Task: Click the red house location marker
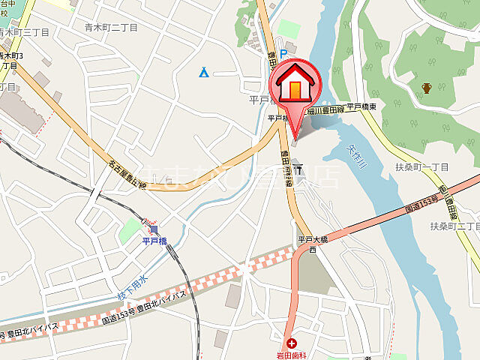295,87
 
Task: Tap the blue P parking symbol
283,53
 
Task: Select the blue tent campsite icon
204,72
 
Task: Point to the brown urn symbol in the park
426,88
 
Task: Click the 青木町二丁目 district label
111,28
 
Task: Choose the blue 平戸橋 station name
157,241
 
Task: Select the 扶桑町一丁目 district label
424,167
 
